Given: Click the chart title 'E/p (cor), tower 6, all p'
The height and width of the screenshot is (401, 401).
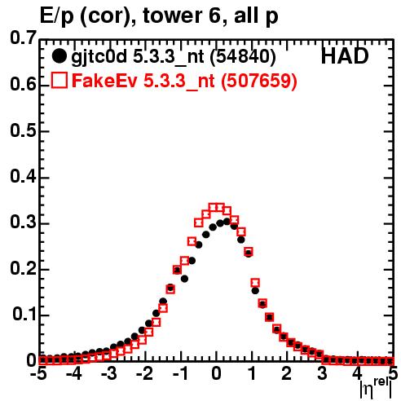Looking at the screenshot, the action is (159, 16).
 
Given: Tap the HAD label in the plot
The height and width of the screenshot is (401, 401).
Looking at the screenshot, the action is (345, 56).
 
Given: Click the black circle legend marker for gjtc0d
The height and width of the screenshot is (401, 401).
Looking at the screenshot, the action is (59, 56).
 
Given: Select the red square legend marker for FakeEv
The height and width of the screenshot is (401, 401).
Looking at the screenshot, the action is (59, 80).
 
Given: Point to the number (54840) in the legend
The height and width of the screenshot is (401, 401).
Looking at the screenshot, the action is (243, 57).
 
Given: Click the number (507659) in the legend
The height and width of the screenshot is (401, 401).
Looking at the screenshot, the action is (259, 81).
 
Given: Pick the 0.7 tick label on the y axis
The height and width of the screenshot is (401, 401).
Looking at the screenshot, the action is (23, 37).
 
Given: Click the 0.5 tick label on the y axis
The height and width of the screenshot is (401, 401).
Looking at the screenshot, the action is (23, 130).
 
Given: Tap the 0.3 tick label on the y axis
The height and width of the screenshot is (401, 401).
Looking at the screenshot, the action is (23, 223).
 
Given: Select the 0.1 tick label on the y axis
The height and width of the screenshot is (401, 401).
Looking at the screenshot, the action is (24, 315).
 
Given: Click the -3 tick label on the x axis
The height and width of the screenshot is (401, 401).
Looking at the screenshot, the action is (109, 374).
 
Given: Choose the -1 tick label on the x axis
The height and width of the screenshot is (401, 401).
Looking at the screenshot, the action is (179, 374).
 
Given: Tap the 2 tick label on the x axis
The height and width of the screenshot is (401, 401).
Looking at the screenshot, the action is (287, 374).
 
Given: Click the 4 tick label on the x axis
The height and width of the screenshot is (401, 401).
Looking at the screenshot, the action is (358, 374).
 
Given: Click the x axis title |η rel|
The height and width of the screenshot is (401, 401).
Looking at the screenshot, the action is (376, 389).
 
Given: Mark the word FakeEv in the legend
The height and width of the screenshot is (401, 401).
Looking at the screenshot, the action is (104, 81).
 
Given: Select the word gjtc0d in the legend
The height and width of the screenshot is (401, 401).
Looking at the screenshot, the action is (99, 58).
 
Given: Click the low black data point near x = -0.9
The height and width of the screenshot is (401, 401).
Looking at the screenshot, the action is (184, 279).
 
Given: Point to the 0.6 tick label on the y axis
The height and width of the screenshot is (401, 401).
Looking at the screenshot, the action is (23, 85).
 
